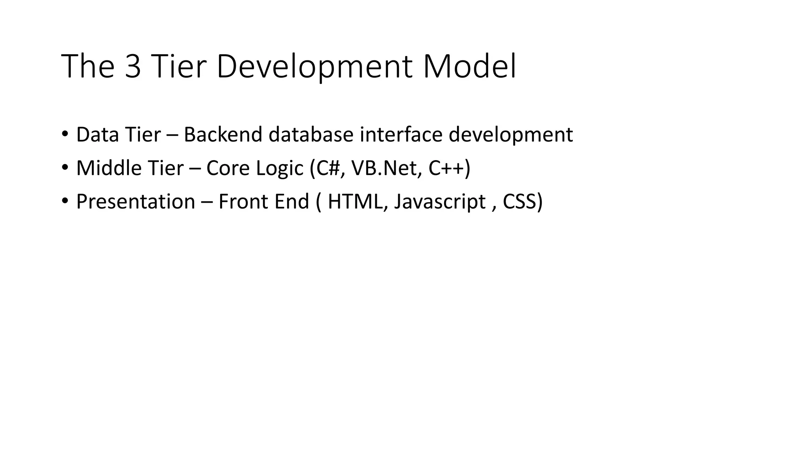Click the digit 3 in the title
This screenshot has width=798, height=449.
(x=133, y=67)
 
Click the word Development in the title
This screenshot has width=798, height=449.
(x=314, y=67)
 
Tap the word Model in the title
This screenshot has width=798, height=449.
(x=469, y=67)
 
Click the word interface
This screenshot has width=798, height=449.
(x=401, y=135)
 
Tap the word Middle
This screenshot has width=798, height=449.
(x=109, y=168)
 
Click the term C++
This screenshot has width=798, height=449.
(x=447, y=168)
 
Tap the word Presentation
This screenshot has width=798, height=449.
(x=136, y=202)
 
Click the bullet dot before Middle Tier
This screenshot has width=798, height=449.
(x=65, y=168)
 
